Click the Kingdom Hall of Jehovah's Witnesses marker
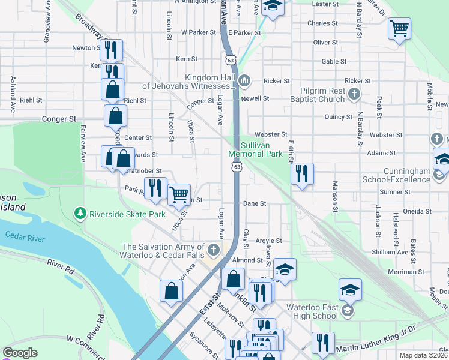(244, 81)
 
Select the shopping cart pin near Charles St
(399, 28)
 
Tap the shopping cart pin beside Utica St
(179, 194)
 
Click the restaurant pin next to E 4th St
(302, 174)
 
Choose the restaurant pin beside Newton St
(110, 51)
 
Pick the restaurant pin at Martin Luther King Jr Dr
(324, 343)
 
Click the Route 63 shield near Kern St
(231, 59)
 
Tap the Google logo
(20, 353)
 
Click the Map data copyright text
(423, 355)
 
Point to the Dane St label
(255, 203)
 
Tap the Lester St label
(326, 4)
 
